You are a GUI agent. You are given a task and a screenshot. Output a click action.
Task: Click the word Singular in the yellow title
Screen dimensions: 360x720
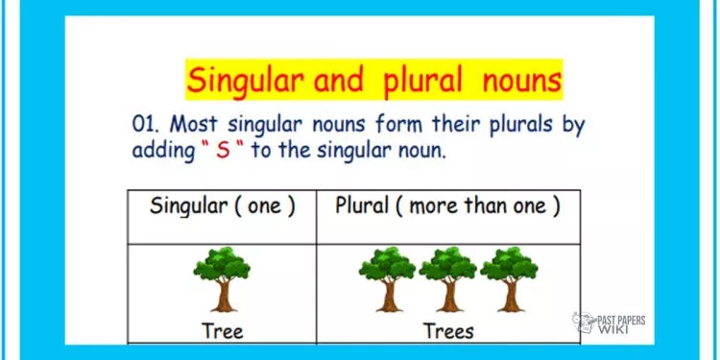247,80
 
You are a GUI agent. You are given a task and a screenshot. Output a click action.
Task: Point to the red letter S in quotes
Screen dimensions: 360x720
224,151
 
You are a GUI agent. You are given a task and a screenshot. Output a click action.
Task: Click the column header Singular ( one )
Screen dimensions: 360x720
222,206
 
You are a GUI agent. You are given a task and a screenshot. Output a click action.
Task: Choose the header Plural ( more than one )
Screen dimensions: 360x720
446,206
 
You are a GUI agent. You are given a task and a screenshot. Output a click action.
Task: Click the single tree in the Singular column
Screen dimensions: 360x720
223,276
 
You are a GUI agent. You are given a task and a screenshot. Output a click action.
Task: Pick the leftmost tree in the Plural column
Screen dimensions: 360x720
386,276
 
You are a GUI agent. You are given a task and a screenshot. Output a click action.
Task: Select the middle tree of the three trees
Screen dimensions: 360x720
448,276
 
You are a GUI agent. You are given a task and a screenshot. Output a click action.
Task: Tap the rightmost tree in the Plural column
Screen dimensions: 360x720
509,276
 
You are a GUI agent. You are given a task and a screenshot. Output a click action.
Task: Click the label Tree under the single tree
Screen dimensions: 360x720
223,331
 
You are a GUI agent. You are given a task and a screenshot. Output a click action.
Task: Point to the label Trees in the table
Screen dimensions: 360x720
448,331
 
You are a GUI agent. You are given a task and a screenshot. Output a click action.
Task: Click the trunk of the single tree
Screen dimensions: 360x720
224,296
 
